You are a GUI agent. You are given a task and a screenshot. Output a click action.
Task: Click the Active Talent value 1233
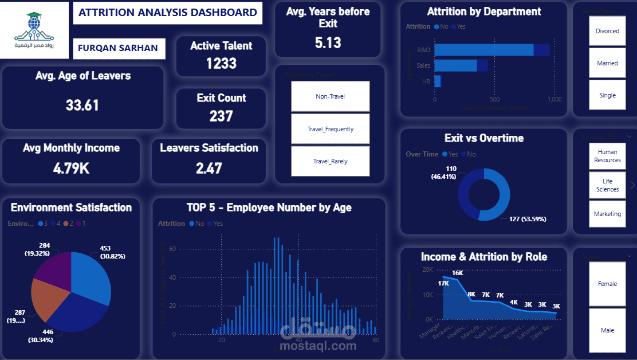click(221, 63)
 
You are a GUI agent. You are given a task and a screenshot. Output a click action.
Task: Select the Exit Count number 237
click(221, 116)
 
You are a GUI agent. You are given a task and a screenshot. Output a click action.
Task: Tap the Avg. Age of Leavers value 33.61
click(82, 105)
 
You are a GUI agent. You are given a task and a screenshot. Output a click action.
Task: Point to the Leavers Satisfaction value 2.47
click(209, 168)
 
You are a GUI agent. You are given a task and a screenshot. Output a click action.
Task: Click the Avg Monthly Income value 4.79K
click(71, 168)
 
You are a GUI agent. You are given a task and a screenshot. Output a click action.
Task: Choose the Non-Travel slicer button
click(330, 96)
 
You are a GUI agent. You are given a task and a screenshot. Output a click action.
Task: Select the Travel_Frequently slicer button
click(330, 129)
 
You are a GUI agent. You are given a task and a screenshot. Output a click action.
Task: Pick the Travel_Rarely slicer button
click(330, 161)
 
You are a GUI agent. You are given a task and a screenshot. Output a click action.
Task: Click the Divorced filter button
click(607, 31)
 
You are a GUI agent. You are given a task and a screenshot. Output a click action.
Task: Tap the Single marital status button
click(607, 95)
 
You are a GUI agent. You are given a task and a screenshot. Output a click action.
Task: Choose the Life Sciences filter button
click(607, 185)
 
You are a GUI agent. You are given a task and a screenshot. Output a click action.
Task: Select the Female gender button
click(607, 284)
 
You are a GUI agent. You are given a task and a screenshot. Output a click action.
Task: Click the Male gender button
click(607, 330)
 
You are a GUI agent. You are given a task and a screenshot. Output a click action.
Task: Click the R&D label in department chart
click(424, 50)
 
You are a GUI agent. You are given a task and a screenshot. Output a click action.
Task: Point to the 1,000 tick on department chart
click(554, 99)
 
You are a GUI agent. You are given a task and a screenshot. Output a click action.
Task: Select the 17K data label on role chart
click(443, 283)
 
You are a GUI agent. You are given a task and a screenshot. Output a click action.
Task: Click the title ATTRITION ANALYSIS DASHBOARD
click(167, 13)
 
